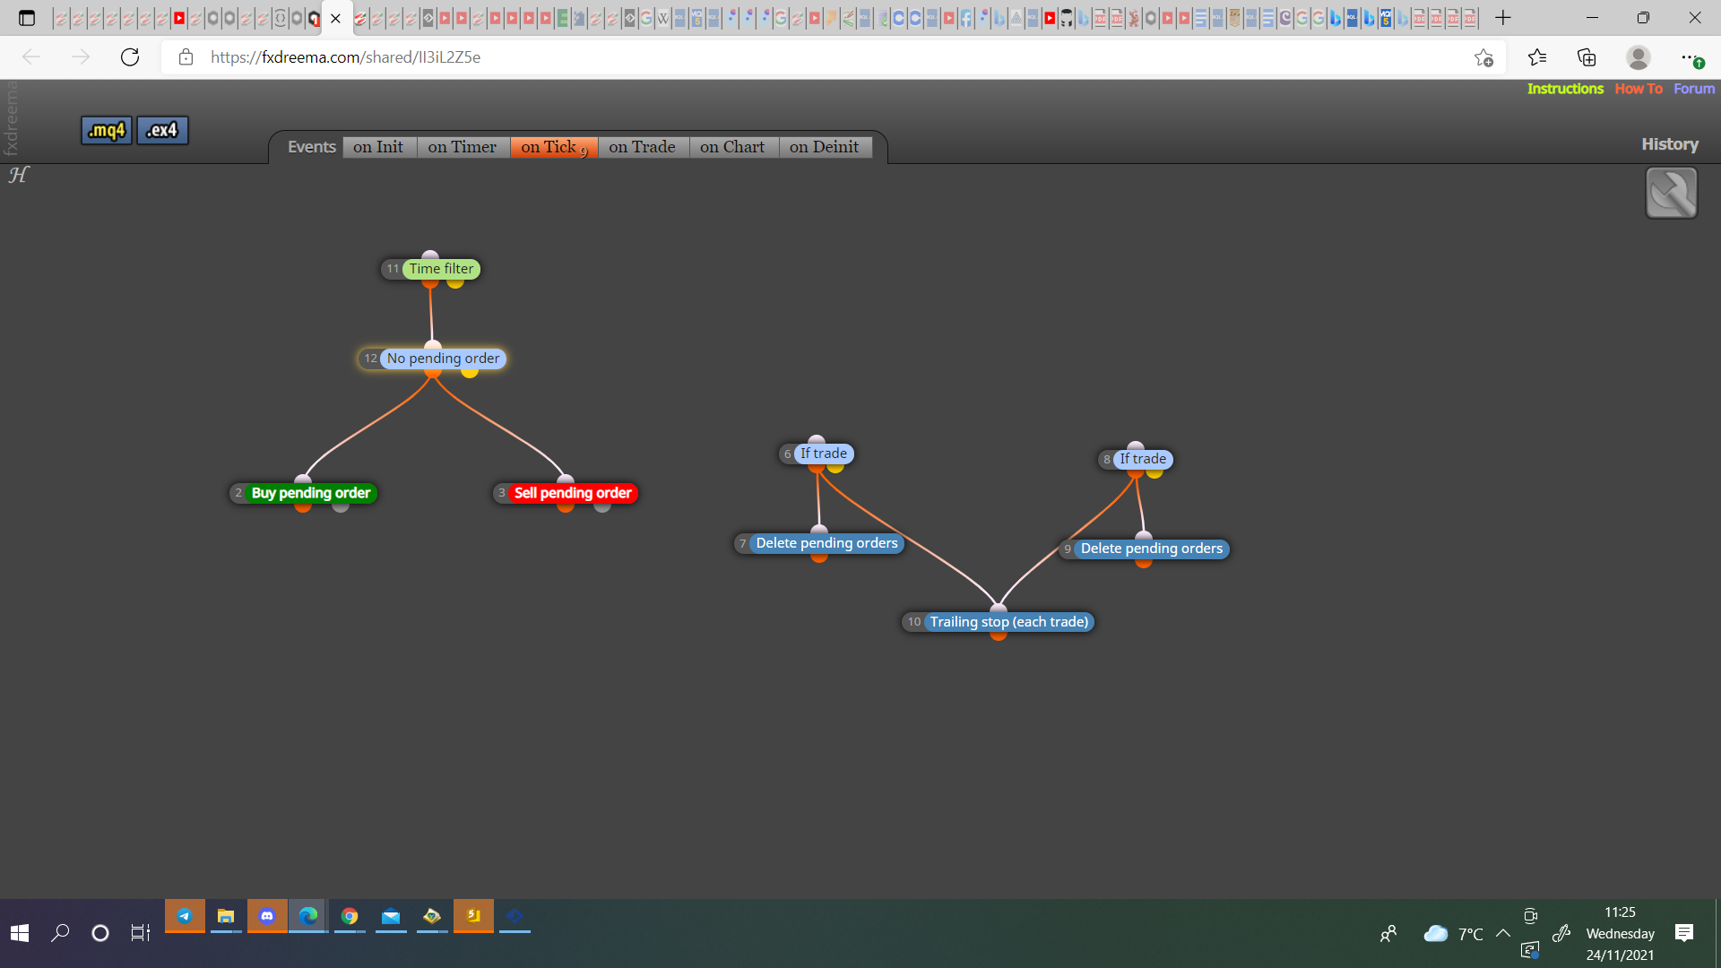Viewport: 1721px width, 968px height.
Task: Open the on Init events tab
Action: [x=378, y=147]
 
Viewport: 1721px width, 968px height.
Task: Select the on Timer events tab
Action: [x=463, y=147]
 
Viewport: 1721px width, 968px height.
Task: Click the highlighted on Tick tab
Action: [x=554, y=147]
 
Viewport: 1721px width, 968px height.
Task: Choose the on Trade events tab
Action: [x=643, y=147]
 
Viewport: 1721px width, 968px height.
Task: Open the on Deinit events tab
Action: [x=825, y=147]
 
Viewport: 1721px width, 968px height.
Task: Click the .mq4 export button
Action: [x=107, y=131]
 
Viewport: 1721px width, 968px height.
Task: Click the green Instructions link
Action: [x=1565, y=89]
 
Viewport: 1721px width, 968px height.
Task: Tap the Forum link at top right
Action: [x=1694, y=89]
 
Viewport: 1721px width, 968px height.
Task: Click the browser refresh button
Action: [x=130, y=57]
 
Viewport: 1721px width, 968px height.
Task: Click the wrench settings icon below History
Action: [x=1672, y=193]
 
